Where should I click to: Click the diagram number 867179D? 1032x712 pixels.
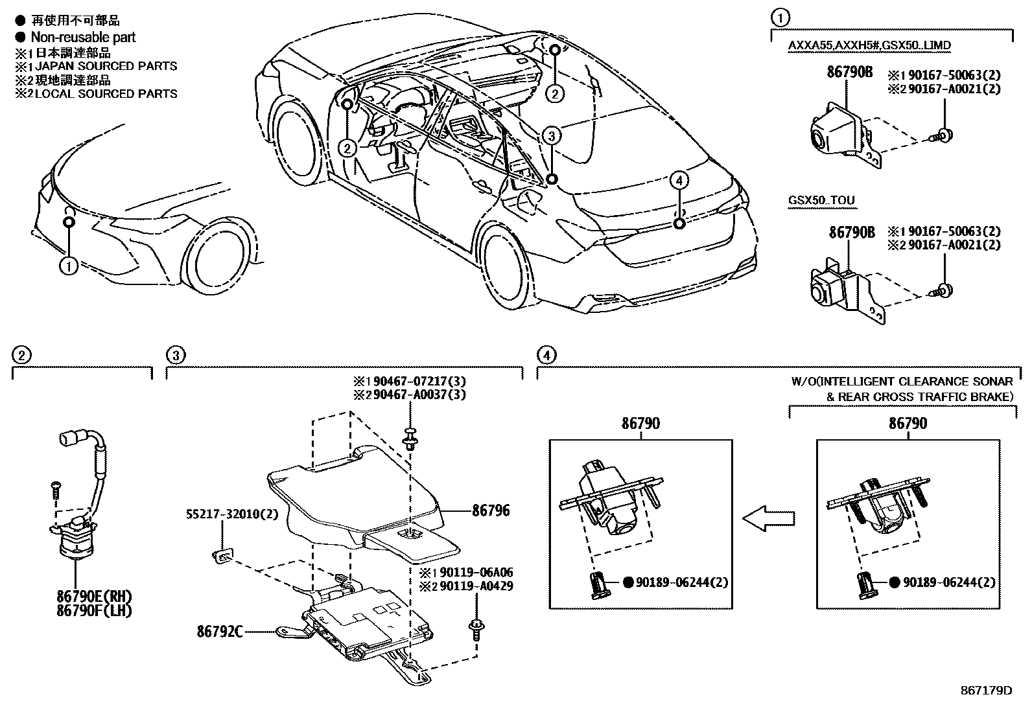(x=987, y=691)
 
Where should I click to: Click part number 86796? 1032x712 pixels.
(x=491, y=511)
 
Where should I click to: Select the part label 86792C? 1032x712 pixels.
(x=219, y=632)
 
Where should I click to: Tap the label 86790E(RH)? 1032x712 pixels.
(x=94, y=597)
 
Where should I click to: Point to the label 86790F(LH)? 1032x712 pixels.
(x=94, y=611)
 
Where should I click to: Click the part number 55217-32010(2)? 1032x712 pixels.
(x=232, y=514)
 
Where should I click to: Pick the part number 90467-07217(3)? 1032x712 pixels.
(x=419, y=382)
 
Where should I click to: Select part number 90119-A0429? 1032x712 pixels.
(x=476, y=586)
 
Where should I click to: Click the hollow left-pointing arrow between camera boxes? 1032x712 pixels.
(x=768, y=518)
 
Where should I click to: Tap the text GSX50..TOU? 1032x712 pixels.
(x=821, y=200)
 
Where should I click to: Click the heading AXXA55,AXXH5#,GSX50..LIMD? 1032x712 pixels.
(x=869, y=45)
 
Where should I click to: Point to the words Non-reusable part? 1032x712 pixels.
(x=84, y=38)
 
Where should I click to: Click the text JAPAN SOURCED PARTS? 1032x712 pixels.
(x=106, y=66)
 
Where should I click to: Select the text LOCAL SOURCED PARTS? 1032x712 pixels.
(x=106, y=94)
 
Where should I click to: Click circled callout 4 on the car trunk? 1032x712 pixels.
(x=679, y=181)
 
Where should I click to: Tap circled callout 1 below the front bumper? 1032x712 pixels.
(x=69, y=266)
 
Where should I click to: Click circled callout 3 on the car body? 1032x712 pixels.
(x=552, y=135)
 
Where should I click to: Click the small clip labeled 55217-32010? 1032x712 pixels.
(x=222, y=556)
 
